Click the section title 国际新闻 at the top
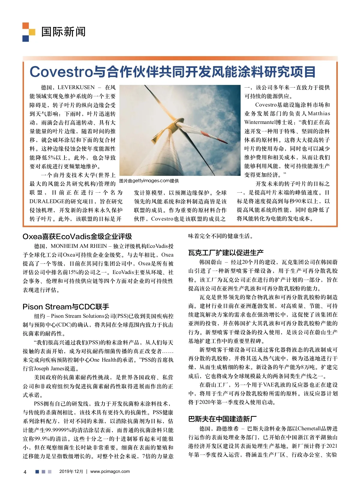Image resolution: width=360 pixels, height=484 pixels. [63, 32]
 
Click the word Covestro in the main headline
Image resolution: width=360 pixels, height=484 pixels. [61, 72]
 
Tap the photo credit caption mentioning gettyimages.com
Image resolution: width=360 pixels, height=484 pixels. [149, 181]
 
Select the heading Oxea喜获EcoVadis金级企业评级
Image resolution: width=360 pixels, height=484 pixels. [77, 236]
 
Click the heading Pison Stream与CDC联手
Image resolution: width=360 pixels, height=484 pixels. [66, 307]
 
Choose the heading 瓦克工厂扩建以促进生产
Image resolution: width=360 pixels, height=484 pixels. [226, 253]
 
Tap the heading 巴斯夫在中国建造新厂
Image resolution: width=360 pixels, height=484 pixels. [222, 419]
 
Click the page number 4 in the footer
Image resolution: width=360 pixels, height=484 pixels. [25, 472]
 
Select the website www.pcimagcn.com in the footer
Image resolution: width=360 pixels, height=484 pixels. [110, 471]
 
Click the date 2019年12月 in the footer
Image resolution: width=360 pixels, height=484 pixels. [71, 471]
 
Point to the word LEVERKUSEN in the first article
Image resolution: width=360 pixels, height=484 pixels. [76, 88]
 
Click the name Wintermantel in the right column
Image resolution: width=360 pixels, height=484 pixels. [260, 122]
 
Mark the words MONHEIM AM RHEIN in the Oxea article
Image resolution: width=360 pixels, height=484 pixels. [79, 246]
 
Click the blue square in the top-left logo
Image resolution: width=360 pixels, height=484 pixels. [25, 38]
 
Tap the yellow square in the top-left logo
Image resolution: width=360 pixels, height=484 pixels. [32, 32]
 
